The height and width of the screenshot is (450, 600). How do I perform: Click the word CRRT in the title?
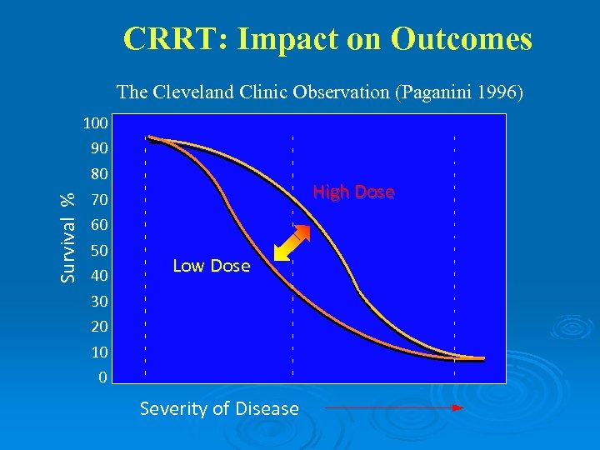coord(164,39)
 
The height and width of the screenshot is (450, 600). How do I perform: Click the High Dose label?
coord(353,192)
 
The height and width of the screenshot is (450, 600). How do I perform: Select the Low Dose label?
coord(211,266)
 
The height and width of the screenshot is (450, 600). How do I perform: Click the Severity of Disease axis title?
coord(219,408)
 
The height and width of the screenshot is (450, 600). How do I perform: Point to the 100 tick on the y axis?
coord(95,124)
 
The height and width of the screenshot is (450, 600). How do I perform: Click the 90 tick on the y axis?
coord(98,149)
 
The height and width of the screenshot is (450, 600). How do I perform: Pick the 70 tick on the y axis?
coord(98,200)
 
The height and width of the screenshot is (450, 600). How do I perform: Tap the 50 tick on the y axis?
coord(98,250)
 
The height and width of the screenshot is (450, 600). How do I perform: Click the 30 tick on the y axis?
coord(98,301)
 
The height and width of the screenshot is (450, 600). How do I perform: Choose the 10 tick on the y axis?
coord(98,351)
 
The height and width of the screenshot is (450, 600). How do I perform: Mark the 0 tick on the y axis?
coord(102,377)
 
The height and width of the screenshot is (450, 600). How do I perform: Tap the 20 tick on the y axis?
coord(98,326)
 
